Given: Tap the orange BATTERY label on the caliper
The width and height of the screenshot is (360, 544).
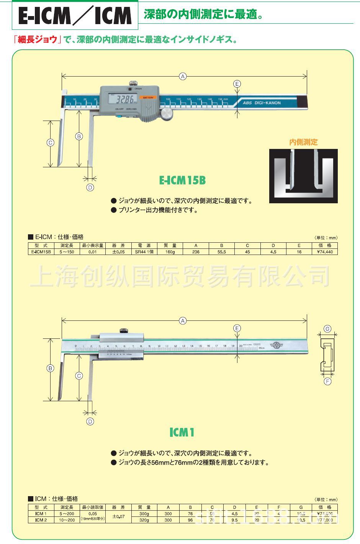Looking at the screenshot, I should (x=148, y=98).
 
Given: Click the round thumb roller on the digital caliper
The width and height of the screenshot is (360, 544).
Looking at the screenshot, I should (x=167, y=113).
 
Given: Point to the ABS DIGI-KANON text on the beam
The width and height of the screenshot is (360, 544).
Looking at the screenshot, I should (x=262, y=103).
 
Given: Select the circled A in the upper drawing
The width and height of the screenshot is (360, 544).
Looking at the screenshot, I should (x=183, y=77).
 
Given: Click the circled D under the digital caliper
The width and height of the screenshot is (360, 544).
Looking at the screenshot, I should (x=90, y=188).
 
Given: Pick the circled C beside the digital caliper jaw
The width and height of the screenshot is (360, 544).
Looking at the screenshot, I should (x=50, y=143).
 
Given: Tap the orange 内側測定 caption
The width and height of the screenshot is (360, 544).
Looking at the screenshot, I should (x=303, y=142).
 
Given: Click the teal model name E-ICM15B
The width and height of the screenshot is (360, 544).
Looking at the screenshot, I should (x=182, y=180).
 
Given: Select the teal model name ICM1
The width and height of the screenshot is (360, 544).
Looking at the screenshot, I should (x=182, y=433).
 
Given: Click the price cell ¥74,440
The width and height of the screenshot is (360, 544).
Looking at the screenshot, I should (x=325, y=252).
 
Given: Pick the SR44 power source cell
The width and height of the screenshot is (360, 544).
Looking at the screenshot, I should (x=144, y=252).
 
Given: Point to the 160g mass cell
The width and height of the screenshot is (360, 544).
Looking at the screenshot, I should (x=170, y=252).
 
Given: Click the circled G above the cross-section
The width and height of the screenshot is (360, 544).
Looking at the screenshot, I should (x=327, y=329).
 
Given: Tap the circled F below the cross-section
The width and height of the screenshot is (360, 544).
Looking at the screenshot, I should (x=327, y=381).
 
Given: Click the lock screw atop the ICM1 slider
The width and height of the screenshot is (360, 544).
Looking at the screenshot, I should (x=124, y=331).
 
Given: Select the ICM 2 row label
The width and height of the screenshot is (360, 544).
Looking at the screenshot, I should (x=41, y=520).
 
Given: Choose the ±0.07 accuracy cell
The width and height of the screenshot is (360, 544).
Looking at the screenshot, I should (x=119, y=517).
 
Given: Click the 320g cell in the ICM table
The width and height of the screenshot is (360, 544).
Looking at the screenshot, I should (x=144, y=520).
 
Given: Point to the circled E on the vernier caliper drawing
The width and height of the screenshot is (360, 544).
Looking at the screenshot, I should (x=237, y=328).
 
